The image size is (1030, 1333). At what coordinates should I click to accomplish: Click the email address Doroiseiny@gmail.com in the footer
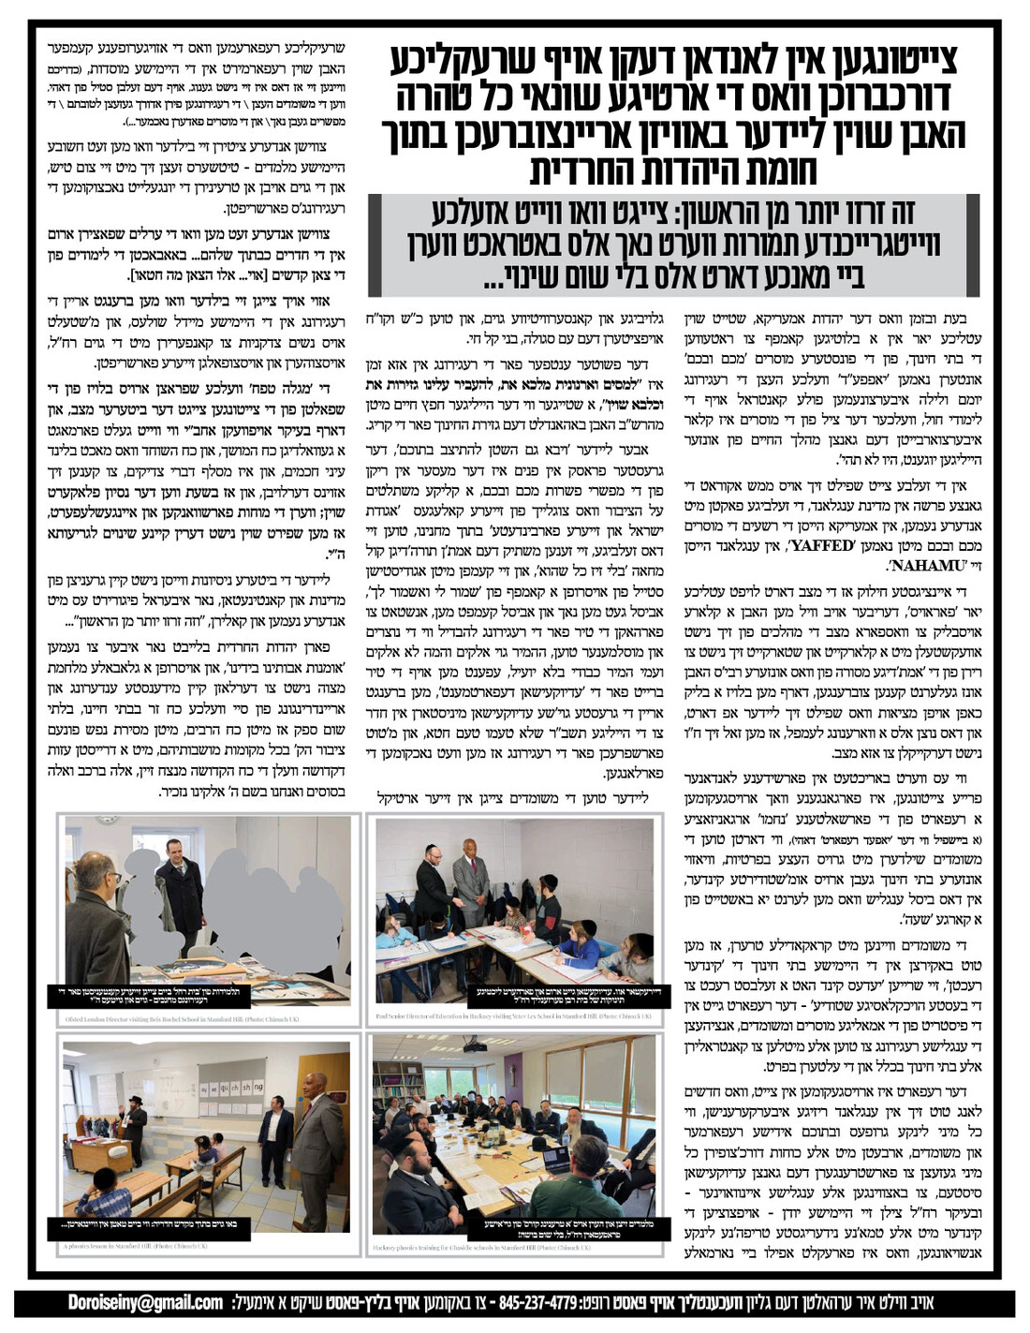point(145,1302)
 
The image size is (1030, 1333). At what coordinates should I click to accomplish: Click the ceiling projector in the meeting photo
point(478,1046)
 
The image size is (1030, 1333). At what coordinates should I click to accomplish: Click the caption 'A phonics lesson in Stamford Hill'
point(136,1247)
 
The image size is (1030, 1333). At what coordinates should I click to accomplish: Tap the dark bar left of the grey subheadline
point(375,245)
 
